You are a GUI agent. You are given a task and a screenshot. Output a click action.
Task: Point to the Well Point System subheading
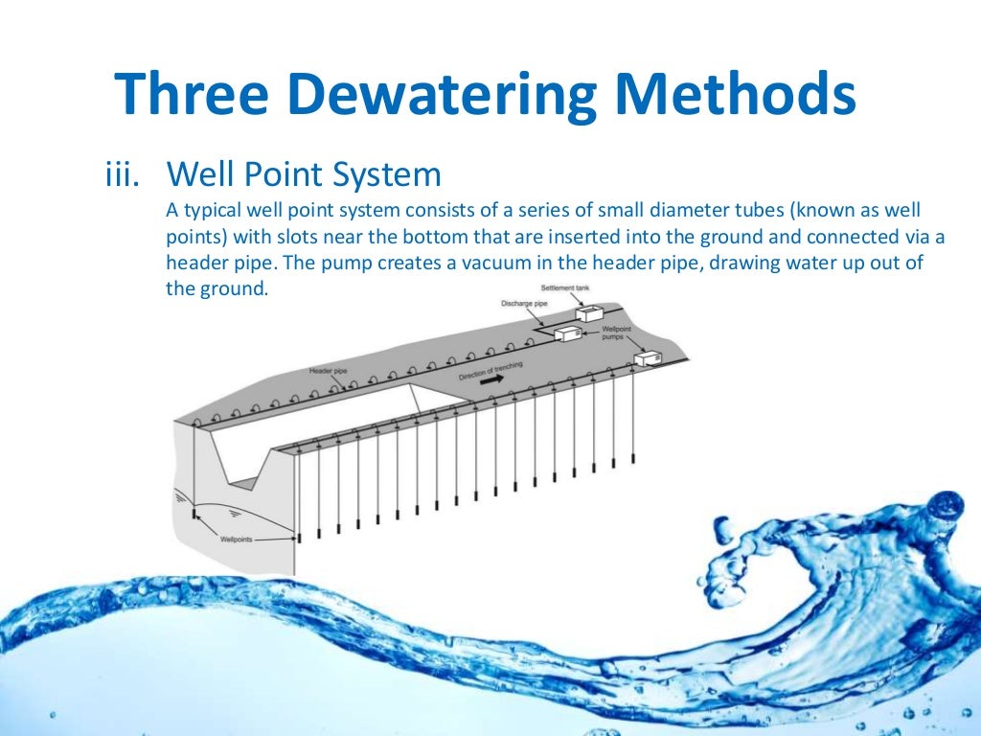click(304, 175)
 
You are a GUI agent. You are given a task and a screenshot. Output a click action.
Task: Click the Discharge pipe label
click(523, 303)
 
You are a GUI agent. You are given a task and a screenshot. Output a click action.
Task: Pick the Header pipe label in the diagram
click(327, 370)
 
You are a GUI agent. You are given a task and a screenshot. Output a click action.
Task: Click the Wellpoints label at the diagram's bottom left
click(237, 540)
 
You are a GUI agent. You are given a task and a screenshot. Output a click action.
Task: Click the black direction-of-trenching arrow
click(490, 380)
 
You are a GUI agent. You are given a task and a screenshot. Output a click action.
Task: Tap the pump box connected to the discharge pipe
click(568, 333)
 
